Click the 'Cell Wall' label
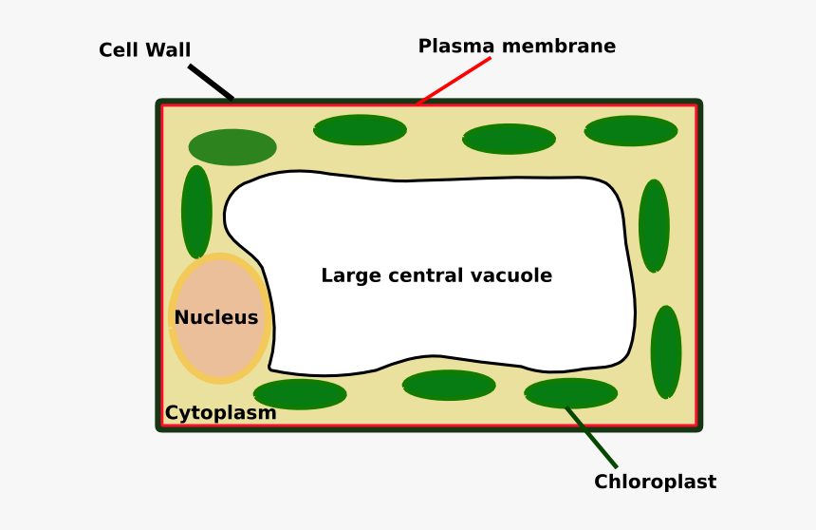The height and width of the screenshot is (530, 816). pos(144,50)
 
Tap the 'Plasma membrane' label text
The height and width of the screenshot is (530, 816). pos(516,47)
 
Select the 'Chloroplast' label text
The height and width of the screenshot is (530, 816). pos(655,482)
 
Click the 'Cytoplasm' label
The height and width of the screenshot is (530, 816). pos(220,413)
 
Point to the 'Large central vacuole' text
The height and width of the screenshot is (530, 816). pos(436,275)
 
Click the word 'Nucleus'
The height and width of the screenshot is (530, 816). pos(216,317)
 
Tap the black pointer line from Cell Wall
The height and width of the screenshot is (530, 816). pos(211,82)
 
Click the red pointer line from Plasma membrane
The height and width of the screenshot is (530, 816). pos(454,81)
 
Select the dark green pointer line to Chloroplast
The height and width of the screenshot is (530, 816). pos(592,438)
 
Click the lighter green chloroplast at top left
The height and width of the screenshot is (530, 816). pos(232,147)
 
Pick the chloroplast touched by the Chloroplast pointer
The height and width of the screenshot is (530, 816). pos(570,392)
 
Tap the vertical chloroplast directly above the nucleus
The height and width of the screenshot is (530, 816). pos(196,211)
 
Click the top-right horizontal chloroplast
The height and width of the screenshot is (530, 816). pos(630,131)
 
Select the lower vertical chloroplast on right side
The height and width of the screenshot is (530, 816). pos(665,351)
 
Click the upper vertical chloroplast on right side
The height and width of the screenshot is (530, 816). pos(654,226)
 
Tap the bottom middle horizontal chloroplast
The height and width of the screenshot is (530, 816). pos(449,385)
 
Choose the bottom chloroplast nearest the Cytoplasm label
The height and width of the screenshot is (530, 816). pos(300,394)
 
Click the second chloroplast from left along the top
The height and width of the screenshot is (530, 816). pos(360,130)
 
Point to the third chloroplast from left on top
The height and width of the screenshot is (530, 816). pos(509,139)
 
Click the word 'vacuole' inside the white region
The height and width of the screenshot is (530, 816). pos(516,275)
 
